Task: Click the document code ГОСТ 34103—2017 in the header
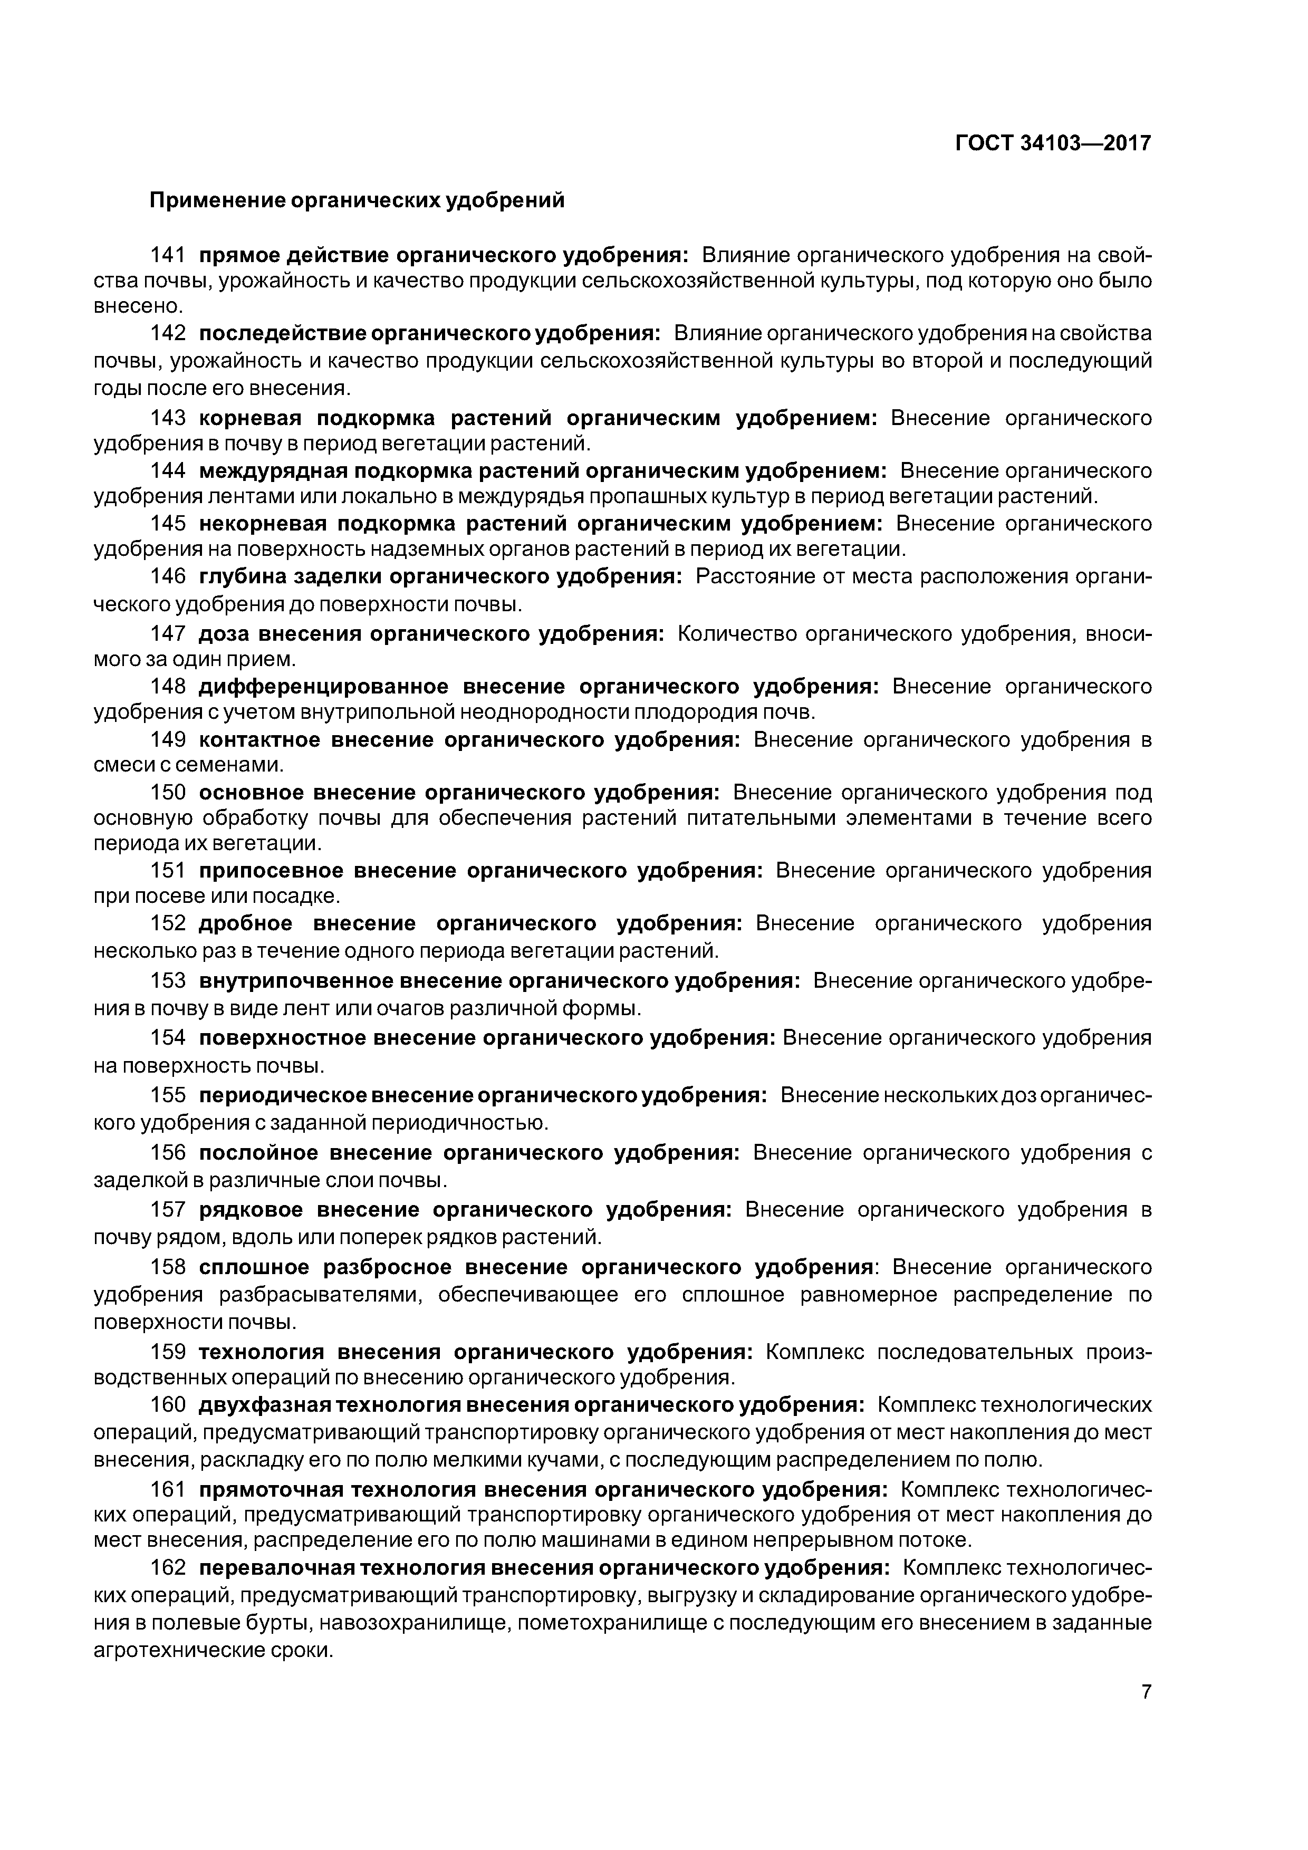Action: click(1053, 143)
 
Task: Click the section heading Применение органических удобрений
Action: click(357, 200)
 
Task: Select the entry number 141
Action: click(168, 255)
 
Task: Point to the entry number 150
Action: click(168, 792)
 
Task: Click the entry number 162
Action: click(168, 1567)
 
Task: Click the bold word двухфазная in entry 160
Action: click(262, 1405)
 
